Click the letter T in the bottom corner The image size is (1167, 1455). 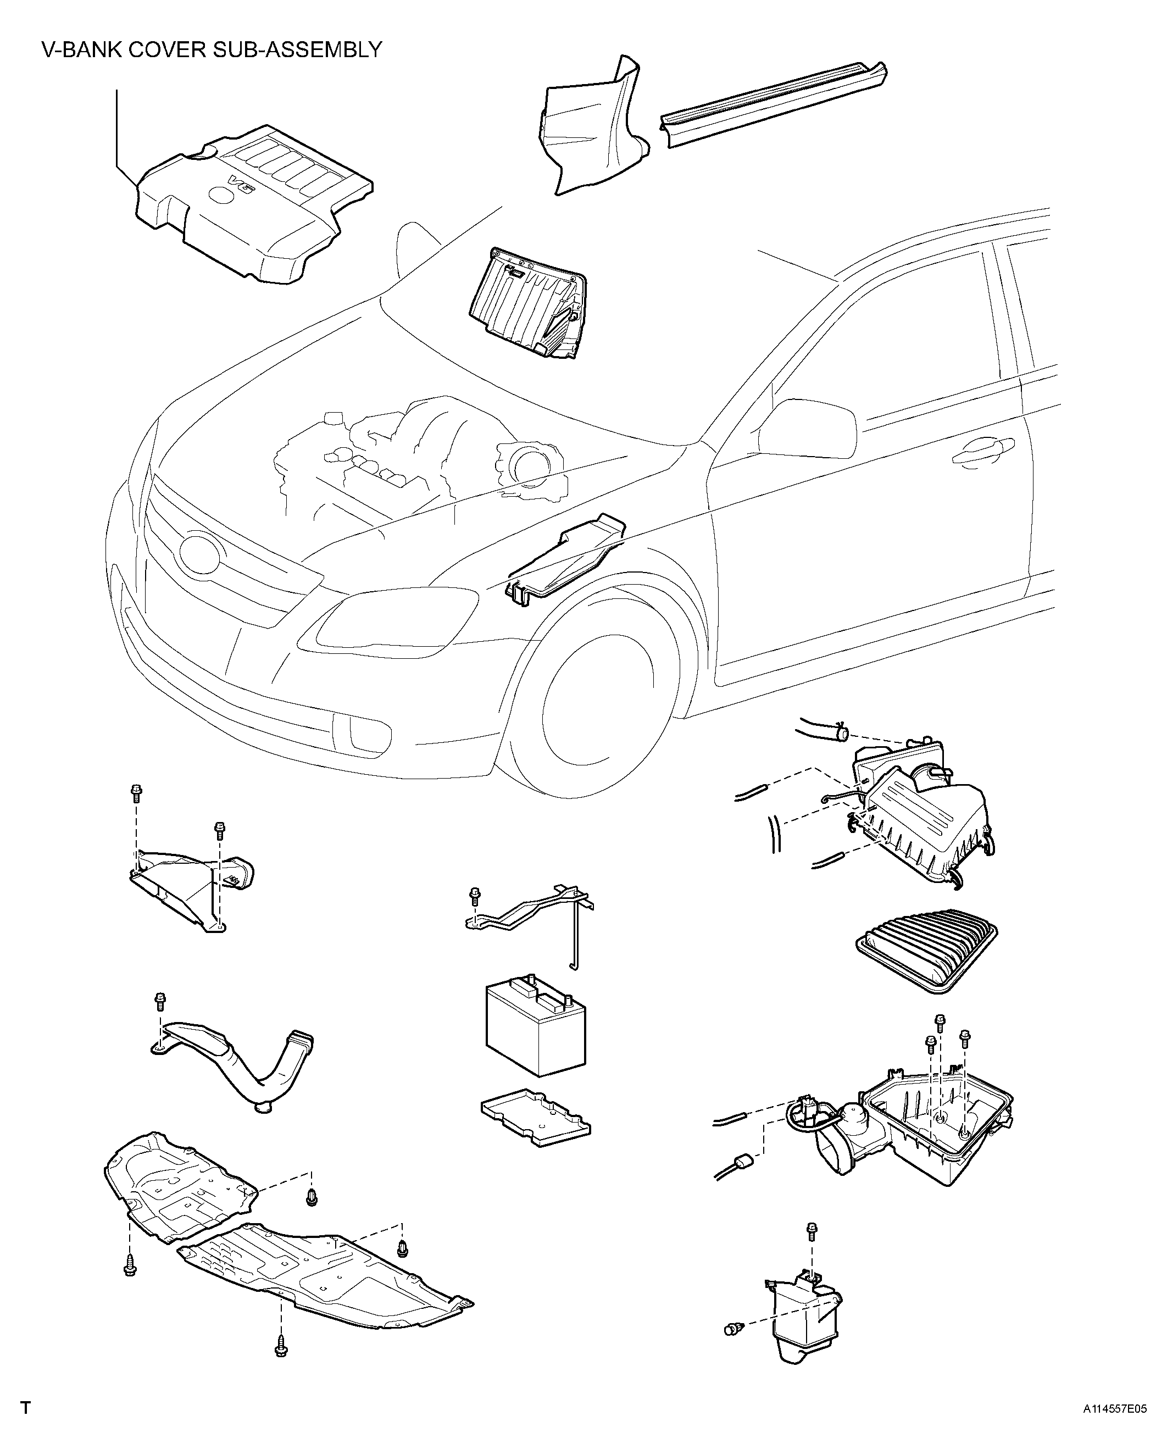[26, 1425]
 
